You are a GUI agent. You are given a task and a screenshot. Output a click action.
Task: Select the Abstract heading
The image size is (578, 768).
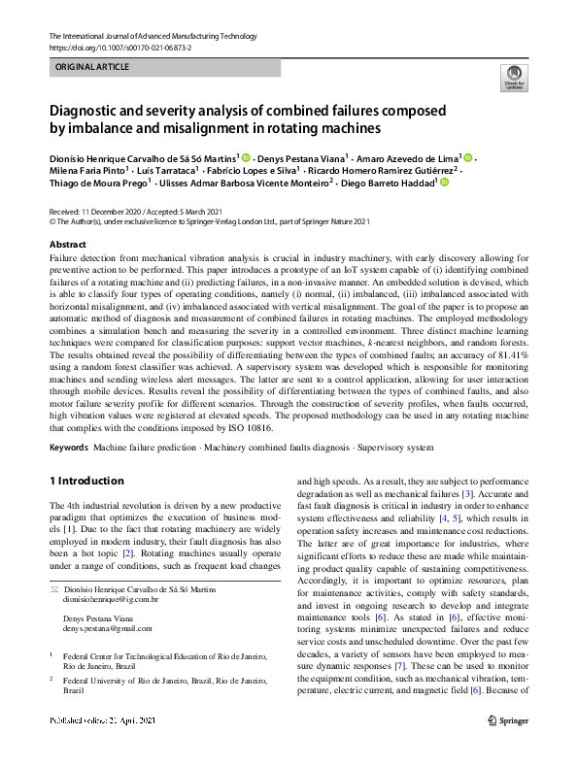click(x=67, y=244)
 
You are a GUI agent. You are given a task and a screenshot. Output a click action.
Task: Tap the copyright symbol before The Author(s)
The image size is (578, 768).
click(x=52, y=220)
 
